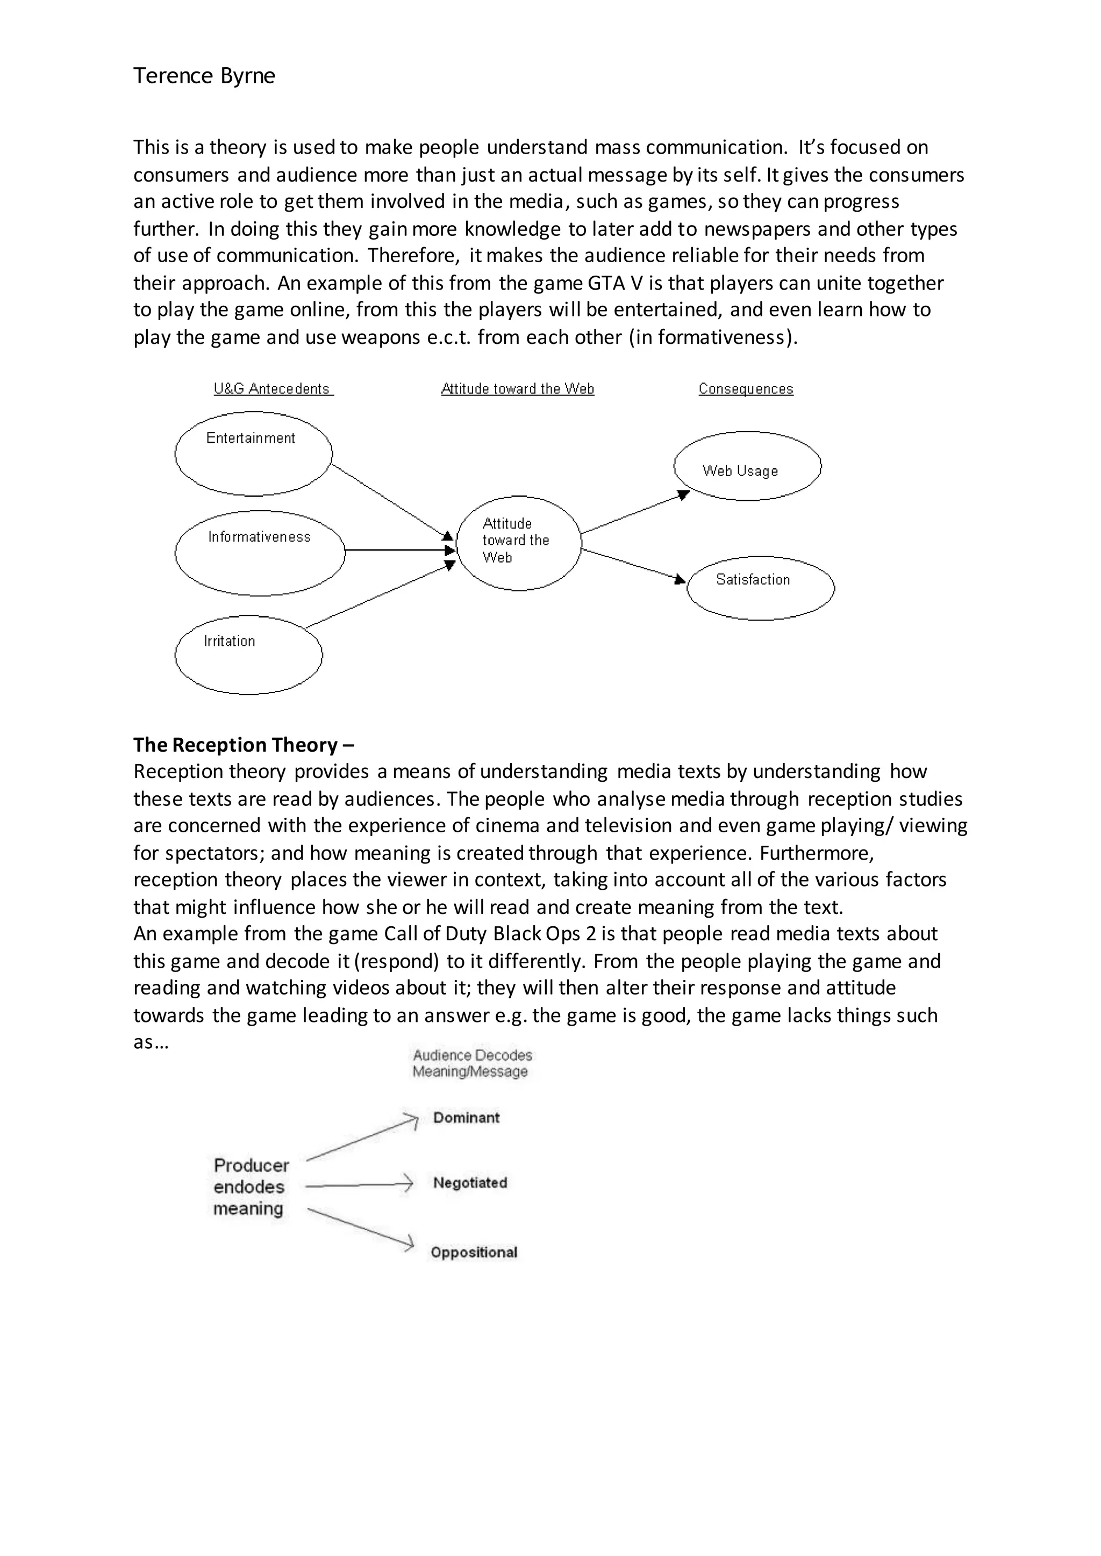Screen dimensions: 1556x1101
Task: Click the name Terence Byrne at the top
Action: coord(204,75)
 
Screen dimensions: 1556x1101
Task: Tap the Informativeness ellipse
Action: coord(260,552)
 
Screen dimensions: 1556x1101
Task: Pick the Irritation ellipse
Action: coord(248,654)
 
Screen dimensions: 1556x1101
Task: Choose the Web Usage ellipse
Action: coord(747,466)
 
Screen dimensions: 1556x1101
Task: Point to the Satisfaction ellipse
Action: coord(760,588)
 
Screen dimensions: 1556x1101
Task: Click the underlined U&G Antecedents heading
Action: coord(272,388)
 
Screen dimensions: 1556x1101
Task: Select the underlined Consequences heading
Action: coord(746,388)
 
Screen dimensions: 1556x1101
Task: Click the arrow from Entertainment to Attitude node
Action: coord(390,500)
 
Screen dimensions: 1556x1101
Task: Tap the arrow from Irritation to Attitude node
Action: coord(380,596)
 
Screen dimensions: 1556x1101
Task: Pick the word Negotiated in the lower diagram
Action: coord(470,1183)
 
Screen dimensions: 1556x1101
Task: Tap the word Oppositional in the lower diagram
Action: coord(473,1252)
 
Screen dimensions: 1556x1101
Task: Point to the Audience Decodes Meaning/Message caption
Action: coord(472,1063)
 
